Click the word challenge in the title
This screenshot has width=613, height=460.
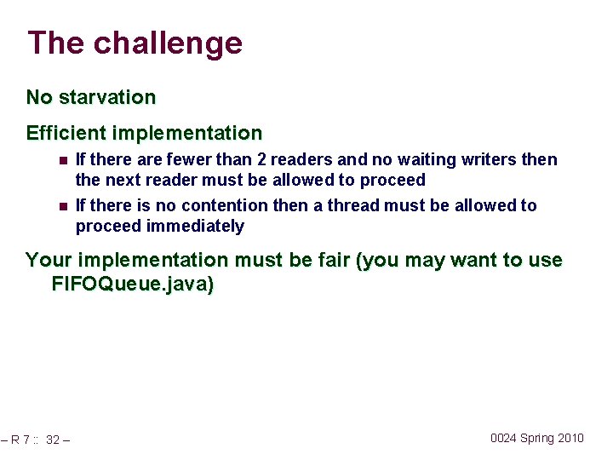[x=168, y=43]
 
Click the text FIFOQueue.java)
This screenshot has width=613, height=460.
[x=133, y=285]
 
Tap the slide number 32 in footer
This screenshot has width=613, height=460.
[x=53, y=440]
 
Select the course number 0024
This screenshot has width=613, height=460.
[x=503, y=438]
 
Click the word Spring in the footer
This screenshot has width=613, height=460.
[x=537, y=438]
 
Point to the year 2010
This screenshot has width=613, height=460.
[x=571, y=438]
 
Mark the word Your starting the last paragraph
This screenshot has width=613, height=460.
[x=47, y=260]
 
